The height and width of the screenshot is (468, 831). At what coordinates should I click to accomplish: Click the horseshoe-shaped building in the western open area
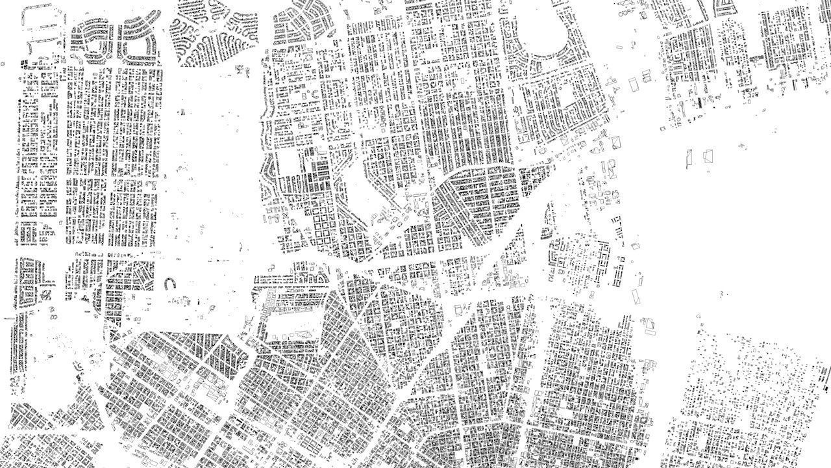(x=171, y=283)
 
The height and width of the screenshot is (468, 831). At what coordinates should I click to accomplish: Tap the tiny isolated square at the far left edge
(x=3, y=64)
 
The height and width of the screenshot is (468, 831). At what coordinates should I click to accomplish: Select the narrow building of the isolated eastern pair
(x=689, y=157)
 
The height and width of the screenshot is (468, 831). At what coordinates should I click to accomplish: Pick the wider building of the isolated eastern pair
(x=708, y=156)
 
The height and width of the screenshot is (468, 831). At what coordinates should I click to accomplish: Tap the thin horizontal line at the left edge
(x=8, y=318)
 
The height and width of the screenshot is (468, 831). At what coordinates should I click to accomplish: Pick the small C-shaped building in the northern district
(x=316, y=95)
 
